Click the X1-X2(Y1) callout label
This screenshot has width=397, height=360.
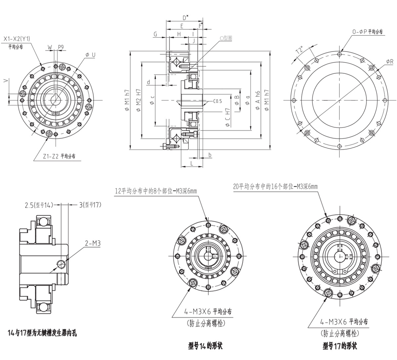17,39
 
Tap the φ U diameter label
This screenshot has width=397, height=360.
90,54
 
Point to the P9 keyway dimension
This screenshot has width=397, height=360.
61,47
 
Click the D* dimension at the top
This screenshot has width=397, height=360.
185,17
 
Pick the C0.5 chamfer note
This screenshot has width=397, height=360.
218,101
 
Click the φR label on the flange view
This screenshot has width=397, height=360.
389,62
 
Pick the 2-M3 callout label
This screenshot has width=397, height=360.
93,244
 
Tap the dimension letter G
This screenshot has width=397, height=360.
155,34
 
